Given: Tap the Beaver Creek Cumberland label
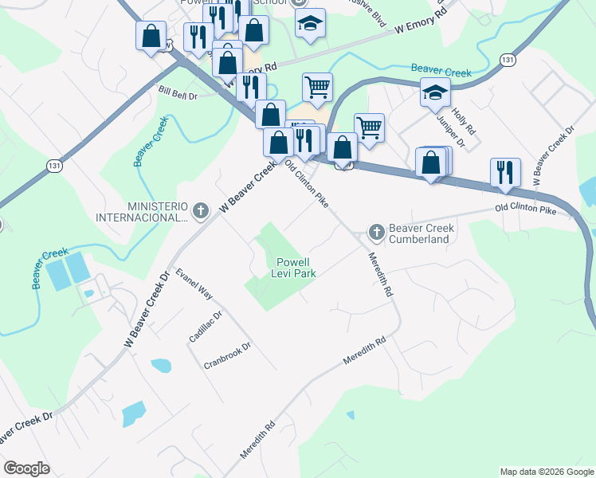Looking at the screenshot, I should click(422, 233).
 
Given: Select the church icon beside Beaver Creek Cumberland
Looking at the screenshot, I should click(376, 232).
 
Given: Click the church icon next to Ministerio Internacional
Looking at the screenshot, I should click(201, 211).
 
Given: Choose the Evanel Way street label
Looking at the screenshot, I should click(195, 283).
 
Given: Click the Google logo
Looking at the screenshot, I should click(26, 468).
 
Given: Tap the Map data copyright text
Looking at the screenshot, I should click(547, 472).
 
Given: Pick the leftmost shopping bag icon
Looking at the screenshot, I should click(151, 35).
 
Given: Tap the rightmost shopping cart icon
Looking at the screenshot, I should click(369, 127).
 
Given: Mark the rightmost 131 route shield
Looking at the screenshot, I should click(508, 60).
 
